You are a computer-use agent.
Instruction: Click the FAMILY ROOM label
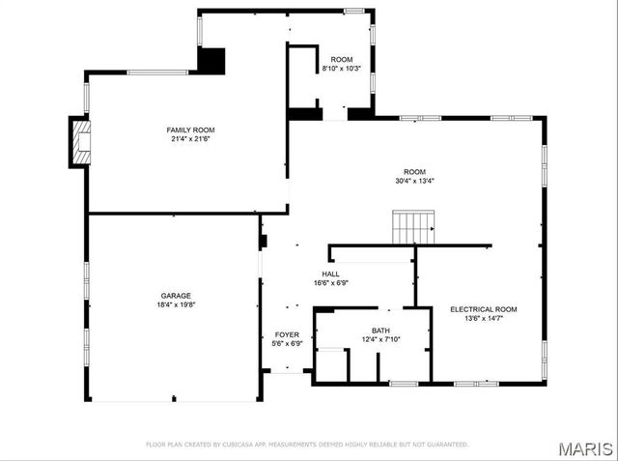point(189,130)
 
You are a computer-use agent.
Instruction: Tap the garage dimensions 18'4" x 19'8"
point(176,305)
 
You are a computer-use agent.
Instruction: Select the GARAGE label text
point(176,296)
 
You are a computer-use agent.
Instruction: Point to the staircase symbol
point(413,228)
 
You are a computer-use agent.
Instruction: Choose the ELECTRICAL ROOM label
point(483,309)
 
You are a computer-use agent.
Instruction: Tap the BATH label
point(380,330)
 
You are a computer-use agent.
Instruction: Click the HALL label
point(331,274)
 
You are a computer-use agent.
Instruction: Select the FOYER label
point(287,334)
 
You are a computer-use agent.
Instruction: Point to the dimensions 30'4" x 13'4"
point(414,181)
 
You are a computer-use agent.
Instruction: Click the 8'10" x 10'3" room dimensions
point(341,69)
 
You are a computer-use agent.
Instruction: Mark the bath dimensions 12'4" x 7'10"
point(380,339)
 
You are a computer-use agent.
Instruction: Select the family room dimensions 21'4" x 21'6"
point(189,139)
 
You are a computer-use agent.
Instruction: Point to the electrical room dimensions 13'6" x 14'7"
point(483,319)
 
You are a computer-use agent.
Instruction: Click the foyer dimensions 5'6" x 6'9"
point(287,343)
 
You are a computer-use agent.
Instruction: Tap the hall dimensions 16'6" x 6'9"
point(331,283)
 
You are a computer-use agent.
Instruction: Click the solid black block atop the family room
point(211,60)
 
